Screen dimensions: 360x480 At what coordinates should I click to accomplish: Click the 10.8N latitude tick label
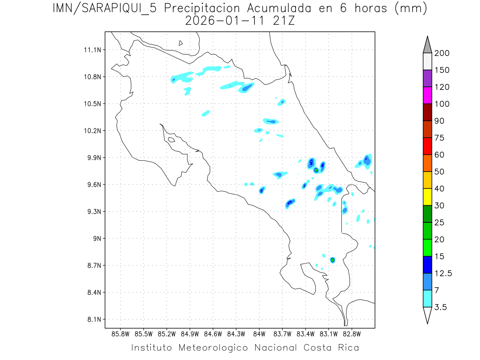pos(92,77)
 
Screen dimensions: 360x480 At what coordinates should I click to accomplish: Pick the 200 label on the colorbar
pos(442,54)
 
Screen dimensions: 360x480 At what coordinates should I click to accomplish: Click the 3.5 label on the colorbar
pos(440,307)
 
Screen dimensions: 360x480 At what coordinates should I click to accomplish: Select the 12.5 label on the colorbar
pos(442,274)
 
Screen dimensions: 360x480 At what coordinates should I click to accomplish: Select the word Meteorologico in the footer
pos(214,348)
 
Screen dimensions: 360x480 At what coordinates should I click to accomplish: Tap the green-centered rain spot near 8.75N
pos(332,260)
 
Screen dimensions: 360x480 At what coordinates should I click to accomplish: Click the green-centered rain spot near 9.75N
pos(316,170)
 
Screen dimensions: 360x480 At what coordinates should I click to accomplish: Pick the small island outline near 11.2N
pos(181,43)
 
